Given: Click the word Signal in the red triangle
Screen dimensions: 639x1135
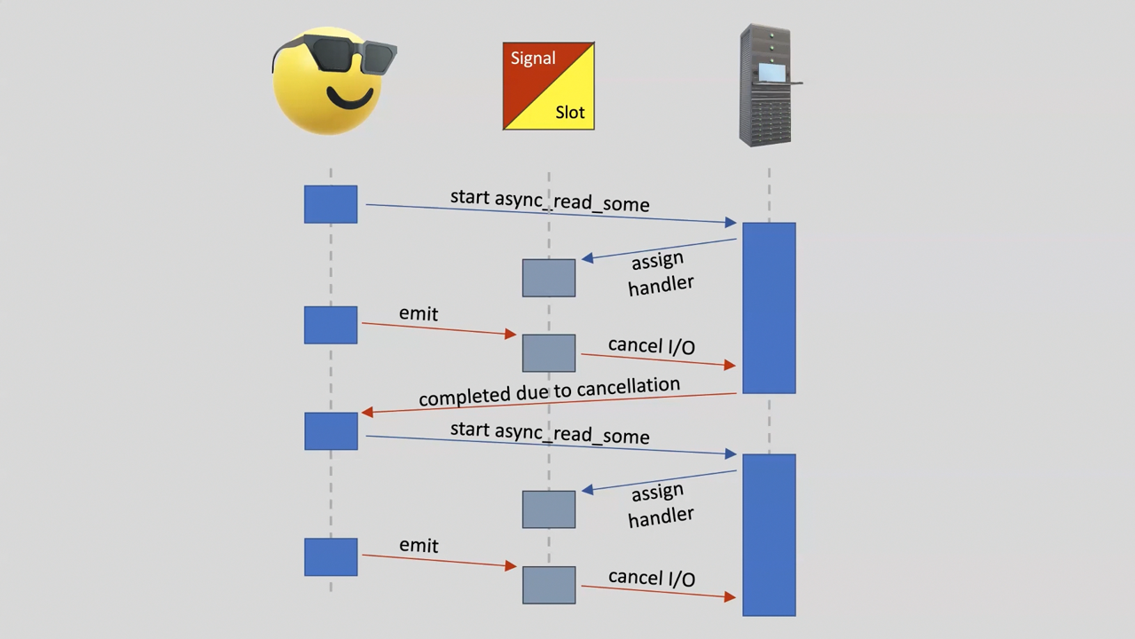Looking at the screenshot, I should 533,59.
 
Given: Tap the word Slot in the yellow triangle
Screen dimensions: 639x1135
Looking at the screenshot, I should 570,113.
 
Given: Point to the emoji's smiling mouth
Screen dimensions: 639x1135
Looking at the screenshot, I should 349,97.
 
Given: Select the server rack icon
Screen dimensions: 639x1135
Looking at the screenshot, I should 766,86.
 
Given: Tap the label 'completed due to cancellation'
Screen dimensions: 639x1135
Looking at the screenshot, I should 549,391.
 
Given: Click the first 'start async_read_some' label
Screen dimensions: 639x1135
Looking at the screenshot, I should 550,201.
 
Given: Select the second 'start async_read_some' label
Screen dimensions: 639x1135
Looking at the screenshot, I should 550,432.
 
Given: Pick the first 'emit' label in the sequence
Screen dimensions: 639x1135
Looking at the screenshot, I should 419,313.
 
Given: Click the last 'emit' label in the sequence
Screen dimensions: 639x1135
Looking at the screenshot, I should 419,545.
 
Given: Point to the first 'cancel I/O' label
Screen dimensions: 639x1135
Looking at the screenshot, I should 652,345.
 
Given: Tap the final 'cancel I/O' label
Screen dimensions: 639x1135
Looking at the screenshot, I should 652,578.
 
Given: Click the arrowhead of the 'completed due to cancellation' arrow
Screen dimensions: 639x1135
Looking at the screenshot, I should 366,412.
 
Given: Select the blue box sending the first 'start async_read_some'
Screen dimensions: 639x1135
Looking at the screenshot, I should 331,204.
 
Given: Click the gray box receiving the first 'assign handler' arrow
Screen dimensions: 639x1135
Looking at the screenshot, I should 549,278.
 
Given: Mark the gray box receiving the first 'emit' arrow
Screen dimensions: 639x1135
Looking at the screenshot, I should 549,353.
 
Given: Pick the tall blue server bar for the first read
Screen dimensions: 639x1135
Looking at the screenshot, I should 769,308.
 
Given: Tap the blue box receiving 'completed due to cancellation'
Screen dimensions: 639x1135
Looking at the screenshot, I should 331,430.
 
